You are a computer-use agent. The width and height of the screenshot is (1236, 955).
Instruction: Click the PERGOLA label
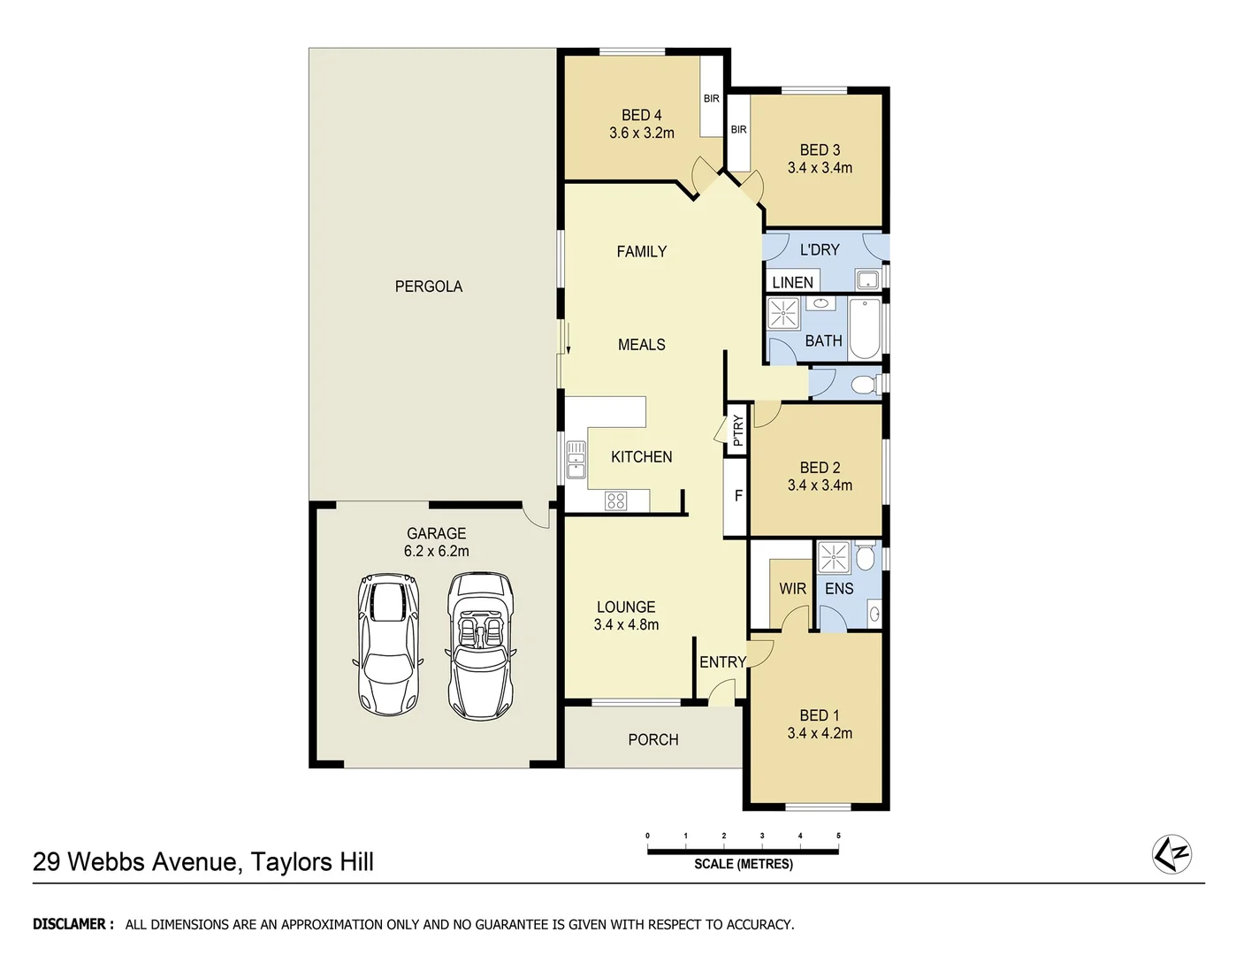pyautogui.click(x=428, y=286)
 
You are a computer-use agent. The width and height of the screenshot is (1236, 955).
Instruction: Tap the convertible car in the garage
pyautogui.click(x=480, y=646)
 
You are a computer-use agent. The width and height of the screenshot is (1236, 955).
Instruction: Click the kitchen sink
pyautogui.click(x=576, y=460)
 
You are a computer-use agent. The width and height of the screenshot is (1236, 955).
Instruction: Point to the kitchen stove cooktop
pyautogui.click(x=616, y=501)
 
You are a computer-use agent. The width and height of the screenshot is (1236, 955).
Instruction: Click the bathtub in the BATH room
pyautogui.click(x=864, y=329)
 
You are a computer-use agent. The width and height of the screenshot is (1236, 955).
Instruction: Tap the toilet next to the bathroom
pyautogui.click(x=862, y=385)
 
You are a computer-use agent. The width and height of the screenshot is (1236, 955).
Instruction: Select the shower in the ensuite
pyautogui.click(x=833, y=557)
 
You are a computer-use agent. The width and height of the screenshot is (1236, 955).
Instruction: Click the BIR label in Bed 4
pyautogui.click(x=711, y=99)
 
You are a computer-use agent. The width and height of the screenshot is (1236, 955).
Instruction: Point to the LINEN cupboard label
pyautogui.click(x=792, y=283)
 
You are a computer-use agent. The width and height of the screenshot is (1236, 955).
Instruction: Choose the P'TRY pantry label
pyautogui.click(x=738, y=431)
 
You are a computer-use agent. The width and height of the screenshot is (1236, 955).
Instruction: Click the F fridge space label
pyautogui.click(x=738, y=496)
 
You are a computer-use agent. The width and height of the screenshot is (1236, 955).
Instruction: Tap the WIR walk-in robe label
pyautogui.click(x=792, y=589)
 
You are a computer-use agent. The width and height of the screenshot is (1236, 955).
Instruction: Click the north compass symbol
pyautogui.click(x=1172, y=854)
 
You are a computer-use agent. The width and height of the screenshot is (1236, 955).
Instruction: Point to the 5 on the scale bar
pyautogui.click(x=838, y=836)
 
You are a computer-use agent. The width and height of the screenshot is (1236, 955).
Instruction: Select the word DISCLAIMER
pyautogui.click(x=72, y=924)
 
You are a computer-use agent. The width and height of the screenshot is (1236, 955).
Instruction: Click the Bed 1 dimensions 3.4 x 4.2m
pyautogui.click(x=820, y=733)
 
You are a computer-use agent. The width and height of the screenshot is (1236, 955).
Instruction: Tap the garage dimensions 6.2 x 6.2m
pyautogui.click(x=436, y=551)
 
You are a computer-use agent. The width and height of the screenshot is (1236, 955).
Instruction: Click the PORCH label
pyautogui.click(x=653, y=740)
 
